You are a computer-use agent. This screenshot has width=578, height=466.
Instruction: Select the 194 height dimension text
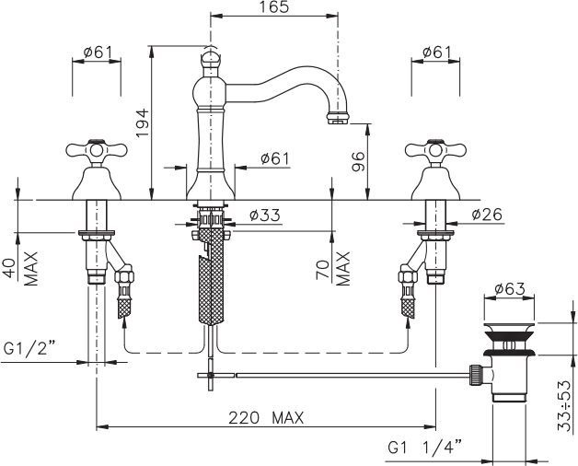141,121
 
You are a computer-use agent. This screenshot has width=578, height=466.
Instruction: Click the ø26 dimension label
487,216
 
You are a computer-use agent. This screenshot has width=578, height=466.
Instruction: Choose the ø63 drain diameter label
510,289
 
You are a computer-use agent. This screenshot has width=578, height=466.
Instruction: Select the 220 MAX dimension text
266,417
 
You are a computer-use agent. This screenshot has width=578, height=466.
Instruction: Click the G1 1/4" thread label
424,447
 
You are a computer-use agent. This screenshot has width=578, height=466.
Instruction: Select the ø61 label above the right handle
437,52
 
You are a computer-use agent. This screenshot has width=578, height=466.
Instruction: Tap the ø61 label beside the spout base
274,158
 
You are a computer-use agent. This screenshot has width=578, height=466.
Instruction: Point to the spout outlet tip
337,118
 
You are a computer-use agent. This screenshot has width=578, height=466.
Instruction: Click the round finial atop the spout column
211,61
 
